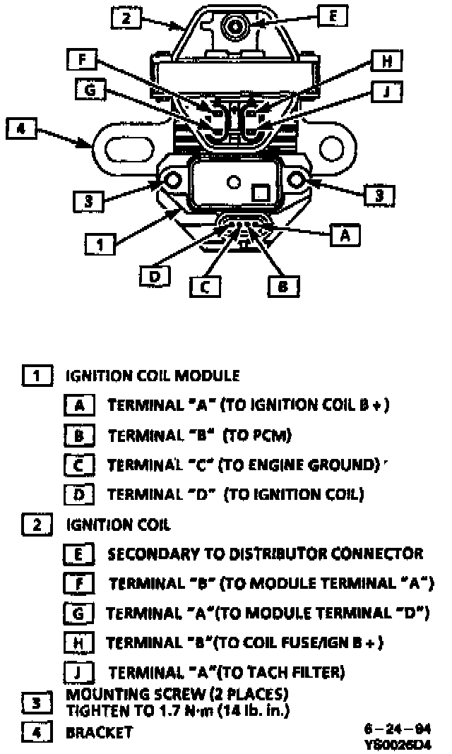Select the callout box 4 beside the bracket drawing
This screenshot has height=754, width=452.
pyautogui.click(x=21, y=129)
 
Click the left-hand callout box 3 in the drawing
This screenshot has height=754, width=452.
pyautogui.click(x=88, y=201)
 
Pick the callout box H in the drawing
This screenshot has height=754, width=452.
pyautogui.click(x=386, y=62)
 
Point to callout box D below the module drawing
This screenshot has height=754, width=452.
pyautogui.click(x=153, y=276)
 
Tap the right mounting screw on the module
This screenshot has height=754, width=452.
pyautogui.click(x=297, y=182)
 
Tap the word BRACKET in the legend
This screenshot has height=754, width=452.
pyautogui.click(x=99, y=732)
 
